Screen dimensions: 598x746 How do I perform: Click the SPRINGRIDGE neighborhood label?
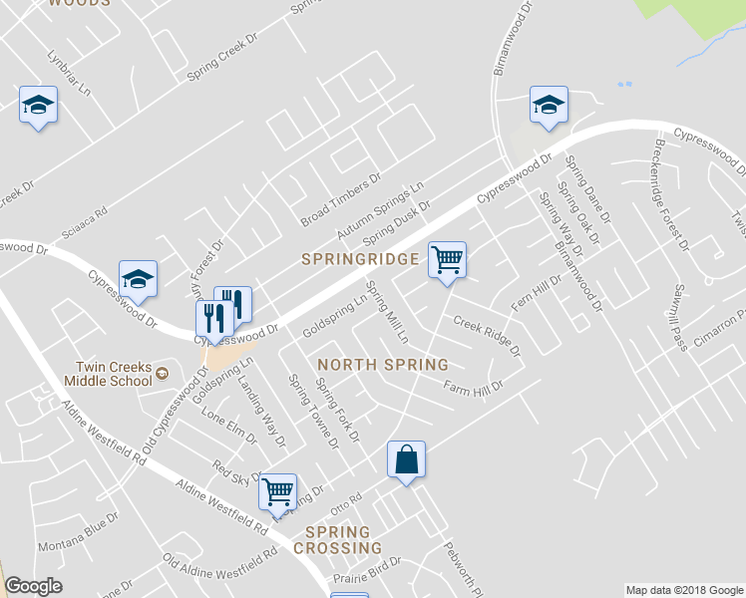point(360,259)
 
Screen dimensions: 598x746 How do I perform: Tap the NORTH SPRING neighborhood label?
point(382,365)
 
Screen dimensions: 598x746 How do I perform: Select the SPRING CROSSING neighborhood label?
point(343,540)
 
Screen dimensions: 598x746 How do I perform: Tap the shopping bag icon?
point(406,460)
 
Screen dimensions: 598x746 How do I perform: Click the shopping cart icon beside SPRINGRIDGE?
point(448,260)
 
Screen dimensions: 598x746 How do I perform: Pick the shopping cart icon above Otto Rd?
point(278,490)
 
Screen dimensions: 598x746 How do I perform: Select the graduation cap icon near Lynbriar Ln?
point(38,106)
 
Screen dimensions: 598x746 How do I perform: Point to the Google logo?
point(33,586)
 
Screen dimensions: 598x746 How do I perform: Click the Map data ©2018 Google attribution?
point(683,590)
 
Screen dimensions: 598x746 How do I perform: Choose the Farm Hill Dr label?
point(474,385)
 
